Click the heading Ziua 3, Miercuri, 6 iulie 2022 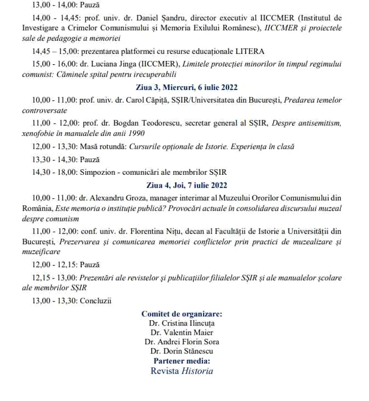click(x=184, y=87)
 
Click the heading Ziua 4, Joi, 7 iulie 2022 click(x=184, y=186)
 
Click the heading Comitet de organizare click(x=182, y=314)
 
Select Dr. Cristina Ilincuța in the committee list click(x=182, y=323)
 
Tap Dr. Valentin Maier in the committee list click(x=182, y=333)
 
